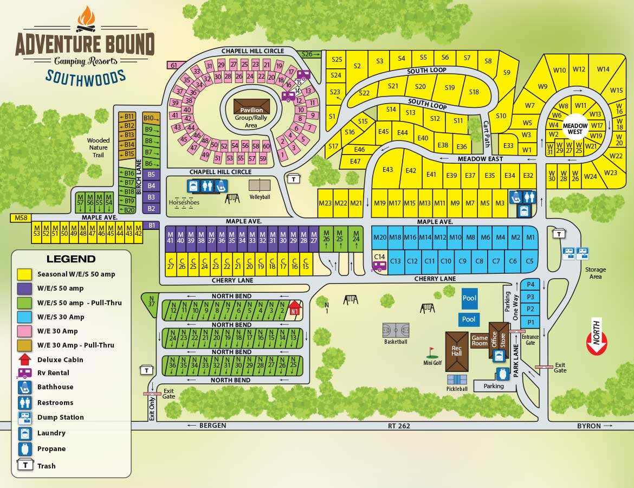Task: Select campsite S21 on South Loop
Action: [393, 86]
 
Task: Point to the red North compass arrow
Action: [597, 341]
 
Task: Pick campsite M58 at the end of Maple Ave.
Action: [21, 218]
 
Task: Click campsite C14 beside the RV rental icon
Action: [380, 257]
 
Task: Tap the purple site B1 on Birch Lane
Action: [152, 225]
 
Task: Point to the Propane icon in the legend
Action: [24, 449]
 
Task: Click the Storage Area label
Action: [596, 273]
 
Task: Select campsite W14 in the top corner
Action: [603, 69]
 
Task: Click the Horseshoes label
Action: [184, 202]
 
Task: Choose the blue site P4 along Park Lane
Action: [531, 284]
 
